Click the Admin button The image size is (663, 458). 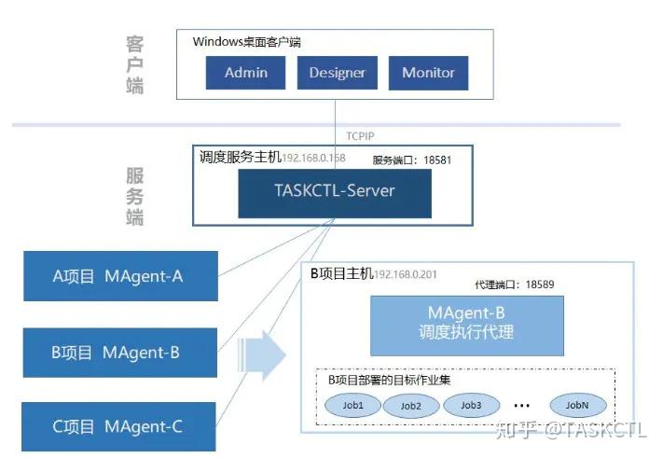(246, 73)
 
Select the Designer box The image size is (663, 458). (337, 73)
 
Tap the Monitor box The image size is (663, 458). (428, 73)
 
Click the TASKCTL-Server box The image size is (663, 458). (335, 191)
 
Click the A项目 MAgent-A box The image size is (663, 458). (120, 276)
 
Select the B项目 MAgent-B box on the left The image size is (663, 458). (120, 353)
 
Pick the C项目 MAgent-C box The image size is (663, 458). (120, 427)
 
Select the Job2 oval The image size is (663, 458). (411, 406)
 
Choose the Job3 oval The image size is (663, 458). (470, 405)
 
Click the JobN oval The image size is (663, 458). (577, 406)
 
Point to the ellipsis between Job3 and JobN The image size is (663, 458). (521, 406)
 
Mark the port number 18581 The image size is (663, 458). (436, 160)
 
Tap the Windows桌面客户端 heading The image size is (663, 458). (246, 42)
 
